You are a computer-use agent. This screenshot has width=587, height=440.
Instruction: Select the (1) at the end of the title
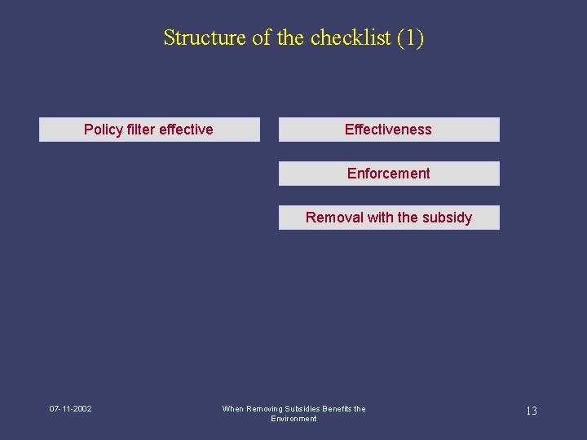tap(410, 37)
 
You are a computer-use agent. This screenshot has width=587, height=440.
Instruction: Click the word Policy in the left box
tap(103, 130)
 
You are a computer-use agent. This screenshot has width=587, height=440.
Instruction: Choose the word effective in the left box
tap(186, 130)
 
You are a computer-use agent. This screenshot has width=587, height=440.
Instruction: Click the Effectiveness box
tap(389, 130)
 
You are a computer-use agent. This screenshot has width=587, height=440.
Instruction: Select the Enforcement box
tap(389, 174)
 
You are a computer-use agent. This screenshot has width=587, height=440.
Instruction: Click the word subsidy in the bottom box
tap(447, 218)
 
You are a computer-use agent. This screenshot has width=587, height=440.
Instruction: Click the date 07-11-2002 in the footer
tap(70, 409)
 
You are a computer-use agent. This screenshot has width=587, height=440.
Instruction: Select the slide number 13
tap(531, 411)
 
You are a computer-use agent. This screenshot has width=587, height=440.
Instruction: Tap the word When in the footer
tap(232, 409)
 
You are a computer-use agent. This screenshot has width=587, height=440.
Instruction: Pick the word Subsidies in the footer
tap(303, 409)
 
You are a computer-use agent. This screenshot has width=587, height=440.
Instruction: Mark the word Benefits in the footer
tap(338, 409)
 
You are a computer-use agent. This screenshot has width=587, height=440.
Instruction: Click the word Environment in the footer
tap(293, 419)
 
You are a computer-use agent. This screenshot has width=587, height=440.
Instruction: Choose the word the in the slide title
tap(291, 37)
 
